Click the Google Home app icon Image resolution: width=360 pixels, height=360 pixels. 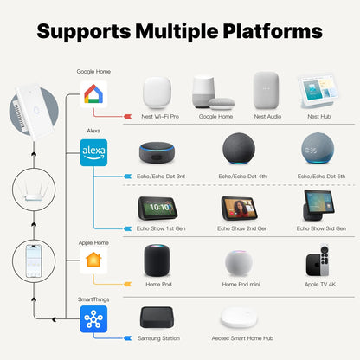(93, 94)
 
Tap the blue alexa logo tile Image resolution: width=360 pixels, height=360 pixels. (93, 152)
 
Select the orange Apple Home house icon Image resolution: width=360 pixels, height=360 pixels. (93, 260)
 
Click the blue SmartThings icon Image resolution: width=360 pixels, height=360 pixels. (93, 319)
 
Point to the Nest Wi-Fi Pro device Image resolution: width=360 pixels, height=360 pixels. (157, 93)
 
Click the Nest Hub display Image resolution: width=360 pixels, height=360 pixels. (318, 92)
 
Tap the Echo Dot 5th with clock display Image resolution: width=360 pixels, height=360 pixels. (318, 148)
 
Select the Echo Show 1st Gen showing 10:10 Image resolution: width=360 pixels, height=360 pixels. (157, 208)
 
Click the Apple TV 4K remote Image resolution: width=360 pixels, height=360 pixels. (325, 260)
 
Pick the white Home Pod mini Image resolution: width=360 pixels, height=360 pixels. (239, 263)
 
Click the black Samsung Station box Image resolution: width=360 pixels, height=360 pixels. (157, 318)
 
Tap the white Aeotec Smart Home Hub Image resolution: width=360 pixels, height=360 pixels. (239, 318)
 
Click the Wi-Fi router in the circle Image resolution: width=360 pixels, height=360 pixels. (34, 190)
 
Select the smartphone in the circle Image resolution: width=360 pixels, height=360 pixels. (34, 261)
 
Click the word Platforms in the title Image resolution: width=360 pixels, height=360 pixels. (273, 31)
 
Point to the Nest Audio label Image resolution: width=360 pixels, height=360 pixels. (267, 117)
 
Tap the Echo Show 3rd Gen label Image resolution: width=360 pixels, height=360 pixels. (321, 228)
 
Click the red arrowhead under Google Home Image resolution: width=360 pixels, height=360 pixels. (128, 116)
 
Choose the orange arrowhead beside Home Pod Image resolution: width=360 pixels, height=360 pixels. (128, 285)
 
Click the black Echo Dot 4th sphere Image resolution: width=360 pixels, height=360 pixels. (239, 149)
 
